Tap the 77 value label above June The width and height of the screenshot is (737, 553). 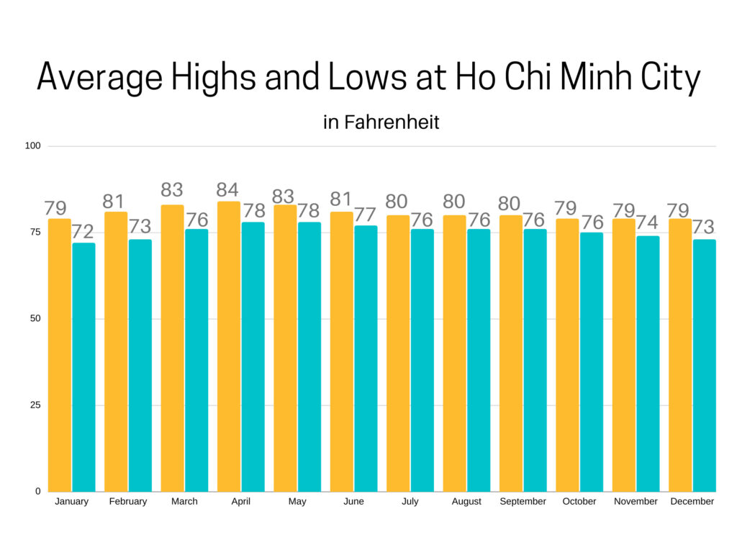[x=366, y=215]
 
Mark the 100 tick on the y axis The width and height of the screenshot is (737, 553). [x=33, y=146]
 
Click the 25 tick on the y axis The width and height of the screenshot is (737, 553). [x=35, y=405]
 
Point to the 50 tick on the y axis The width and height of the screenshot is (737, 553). [x=35, y=319]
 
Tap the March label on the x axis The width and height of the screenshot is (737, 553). [x=184, y=502]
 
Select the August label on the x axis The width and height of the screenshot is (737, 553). [x=466, y=502]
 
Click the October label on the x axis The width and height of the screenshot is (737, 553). [x=579, y=502]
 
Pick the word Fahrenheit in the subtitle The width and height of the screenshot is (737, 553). [x=392, y=122]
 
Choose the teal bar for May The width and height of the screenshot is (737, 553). [x=309, y=356]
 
